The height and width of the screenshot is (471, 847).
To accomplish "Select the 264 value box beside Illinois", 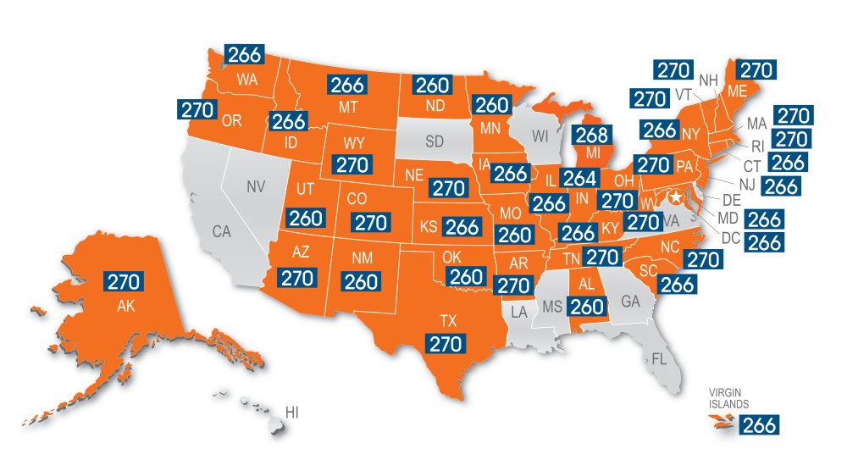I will coord(579,180).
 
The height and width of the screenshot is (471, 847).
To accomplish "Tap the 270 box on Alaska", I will coord(124,281).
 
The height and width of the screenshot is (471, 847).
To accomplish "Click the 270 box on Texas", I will coord(446,343).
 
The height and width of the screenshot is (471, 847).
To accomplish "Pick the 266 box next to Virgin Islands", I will coord(758,425).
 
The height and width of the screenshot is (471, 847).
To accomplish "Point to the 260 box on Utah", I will coord(305,218).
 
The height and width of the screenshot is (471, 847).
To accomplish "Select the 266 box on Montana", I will coord(346,85).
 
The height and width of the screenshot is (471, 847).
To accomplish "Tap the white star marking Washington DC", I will coord(675,197).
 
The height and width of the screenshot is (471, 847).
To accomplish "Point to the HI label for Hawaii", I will coord(292,413).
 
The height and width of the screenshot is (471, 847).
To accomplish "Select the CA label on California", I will coord(222,230).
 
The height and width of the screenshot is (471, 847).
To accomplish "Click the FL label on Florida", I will coord(660,358).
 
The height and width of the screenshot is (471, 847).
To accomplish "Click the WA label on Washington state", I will coord(247,80).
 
